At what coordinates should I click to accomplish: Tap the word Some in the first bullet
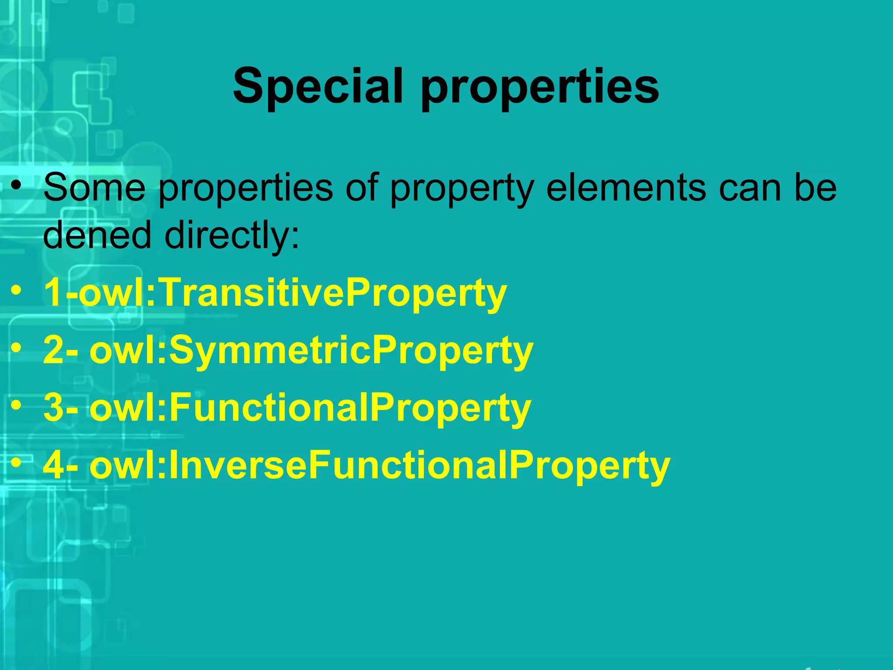pyautogui.click(x=94, y=188)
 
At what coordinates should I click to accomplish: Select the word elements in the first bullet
pyautogui.click(x=626, y=188)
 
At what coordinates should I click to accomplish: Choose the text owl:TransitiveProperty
pyautogui.click(x=292, y=293)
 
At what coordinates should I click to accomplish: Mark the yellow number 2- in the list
pyautogui.click(x=61, y=351)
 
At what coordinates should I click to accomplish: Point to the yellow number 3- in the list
pyautogui.click(x=61, y=408)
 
